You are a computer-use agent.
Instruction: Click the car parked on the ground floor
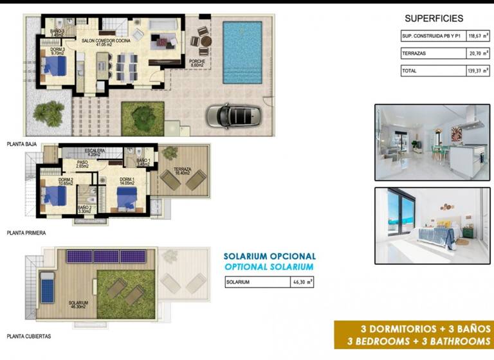[x=233, y=116]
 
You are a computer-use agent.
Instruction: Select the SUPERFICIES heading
[x=434, y=19]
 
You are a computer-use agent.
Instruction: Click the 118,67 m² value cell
[x=478, y=37]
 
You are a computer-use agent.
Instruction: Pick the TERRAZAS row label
[x=414, y=55]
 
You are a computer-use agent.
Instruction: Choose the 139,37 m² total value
[x=478, y=71]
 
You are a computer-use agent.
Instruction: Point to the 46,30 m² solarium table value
[x=302, y=282]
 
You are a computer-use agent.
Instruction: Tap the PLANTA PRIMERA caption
[x=26, y=233]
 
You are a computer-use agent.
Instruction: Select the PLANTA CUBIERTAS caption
[x=28, y=336]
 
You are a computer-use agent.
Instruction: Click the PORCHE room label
[x=197, y=62]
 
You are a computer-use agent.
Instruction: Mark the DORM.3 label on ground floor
[x=57, y=50]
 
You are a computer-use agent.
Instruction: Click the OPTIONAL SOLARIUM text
[x=269, y=267]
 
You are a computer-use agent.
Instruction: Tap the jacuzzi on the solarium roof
[x=47, y=287]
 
